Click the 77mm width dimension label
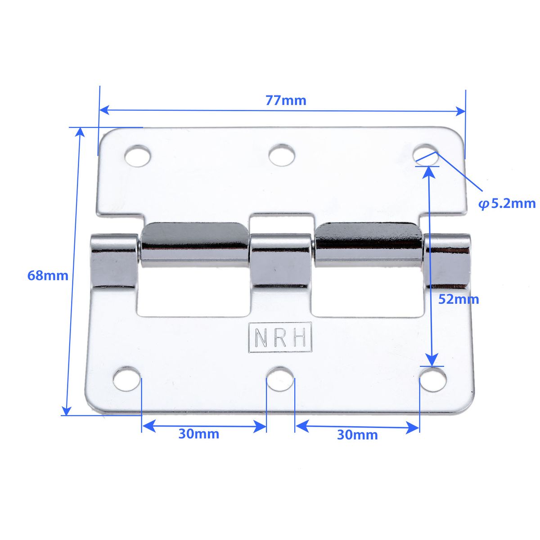coord(285,100)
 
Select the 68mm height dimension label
coord(48,275)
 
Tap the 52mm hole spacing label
coord(459,299)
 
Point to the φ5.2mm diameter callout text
coord(507,203)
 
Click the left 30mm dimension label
coord(198,434)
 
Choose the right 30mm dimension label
coord(357,435)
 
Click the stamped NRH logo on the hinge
coord(280,337)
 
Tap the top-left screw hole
coord(137,156)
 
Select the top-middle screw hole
coord(282,155)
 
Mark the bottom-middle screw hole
coord(280,378)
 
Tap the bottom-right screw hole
coord(433,378)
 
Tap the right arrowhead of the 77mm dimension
coord(460,111)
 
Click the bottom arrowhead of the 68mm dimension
coord(67,410)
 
